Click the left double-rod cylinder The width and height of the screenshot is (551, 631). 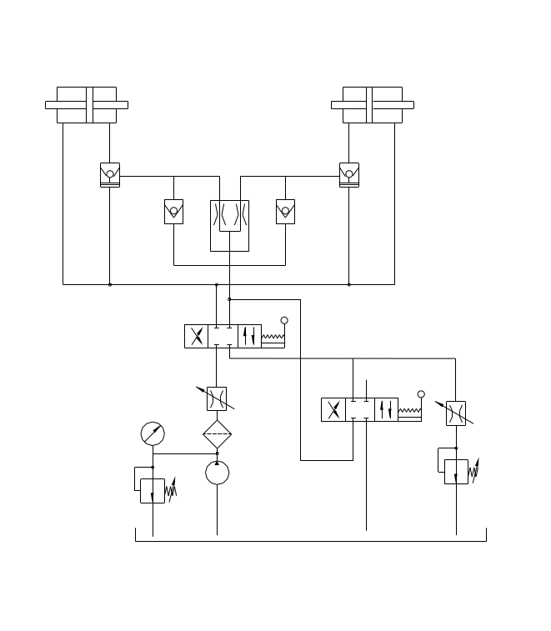point(87,105)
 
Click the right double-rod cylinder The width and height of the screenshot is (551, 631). point(373,105)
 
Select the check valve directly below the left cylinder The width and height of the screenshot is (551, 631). point(110,174)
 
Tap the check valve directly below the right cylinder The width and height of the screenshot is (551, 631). point(349,174)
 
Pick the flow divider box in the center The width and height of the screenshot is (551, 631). point(229,225)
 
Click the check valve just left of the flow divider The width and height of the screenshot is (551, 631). point(173,212)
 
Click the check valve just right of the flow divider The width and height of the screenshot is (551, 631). point(286,212)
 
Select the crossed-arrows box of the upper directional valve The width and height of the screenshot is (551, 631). point(197,337)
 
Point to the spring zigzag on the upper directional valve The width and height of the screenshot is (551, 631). point(273,338)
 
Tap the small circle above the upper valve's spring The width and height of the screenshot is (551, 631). point(284,320)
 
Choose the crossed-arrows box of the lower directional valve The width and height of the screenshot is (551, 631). point(333,410)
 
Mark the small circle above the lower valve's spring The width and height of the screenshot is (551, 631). point(421,394)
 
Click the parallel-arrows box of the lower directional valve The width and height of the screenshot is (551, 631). point(386,410)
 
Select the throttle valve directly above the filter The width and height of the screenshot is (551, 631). point(217,398)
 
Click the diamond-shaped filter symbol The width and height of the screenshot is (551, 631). point(217,434)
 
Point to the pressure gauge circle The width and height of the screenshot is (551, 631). point(153,433)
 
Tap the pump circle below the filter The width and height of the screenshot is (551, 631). point(217,473)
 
